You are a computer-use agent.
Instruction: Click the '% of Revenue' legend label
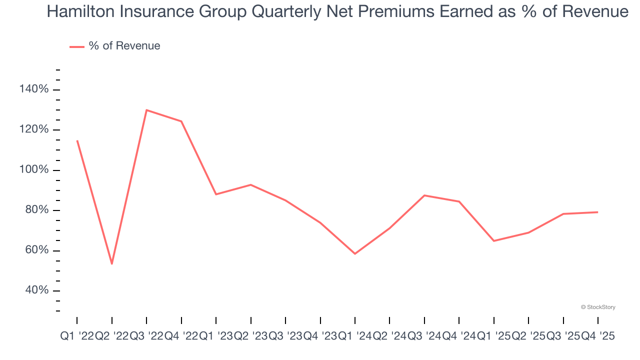(x=124, y=46)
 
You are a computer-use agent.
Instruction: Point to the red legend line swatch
(x=77, y=46)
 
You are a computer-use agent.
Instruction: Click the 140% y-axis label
(x=34, y=89)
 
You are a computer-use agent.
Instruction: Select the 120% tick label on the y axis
(x=34, y=130)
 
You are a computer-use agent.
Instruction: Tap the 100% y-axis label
(x=34, y=170)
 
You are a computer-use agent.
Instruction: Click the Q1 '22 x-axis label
(x=77, y=337)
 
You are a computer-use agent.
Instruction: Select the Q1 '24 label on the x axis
(x=355, y=337)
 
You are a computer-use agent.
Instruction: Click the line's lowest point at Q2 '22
(x=111, y=263)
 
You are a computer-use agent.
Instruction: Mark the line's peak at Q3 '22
(x=146, y=110)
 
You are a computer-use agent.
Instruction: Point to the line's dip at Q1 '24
(x=355, y=253)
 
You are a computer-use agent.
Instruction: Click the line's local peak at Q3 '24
(x=424, y=195)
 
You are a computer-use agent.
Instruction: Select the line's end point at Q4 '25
(x=598, y=212)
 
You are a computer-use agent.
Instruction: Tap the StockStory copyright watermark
(x=598, y=307)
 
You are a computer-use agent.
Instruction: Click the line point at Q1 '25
(x=494, y=241)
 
